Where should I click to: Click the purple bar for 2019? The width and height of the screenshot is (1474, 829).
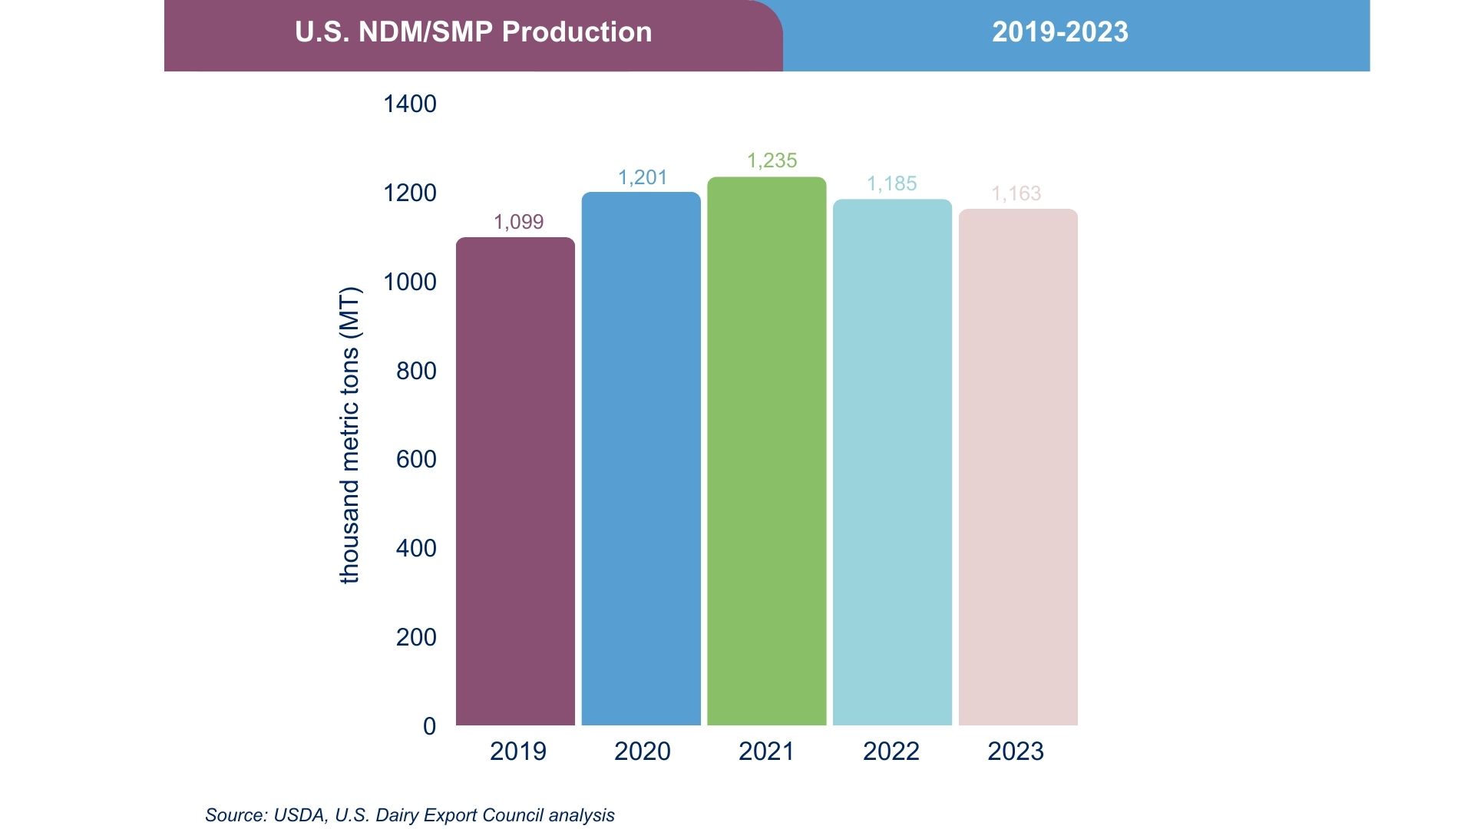point(515,481)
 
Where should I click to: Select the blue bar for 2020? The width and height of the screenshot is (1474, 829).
point(641,459)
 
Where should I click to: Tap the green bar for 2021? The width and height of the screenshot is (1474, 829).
point(766,451)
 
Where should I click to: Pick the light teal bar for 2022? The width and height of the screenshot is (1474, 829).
point(892,462)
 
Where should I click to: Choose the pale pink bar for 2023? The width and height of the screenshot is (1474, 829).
point(1018,467)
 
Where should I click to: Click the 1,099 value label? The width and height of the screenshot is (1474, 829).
point(518,222)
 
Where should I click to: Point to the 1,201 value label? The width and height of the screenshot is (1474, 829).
point(643,177)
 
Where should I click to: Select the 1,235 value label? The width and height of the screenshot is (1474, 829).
point(772,160)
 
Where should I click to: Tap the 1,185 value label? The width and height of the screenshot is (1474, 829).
point(891,183)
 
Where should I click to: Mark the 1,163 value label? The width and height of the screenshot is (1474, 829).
point(1016,193)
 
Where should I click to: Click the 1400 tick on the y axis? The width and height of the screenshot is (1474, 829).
point(409,104)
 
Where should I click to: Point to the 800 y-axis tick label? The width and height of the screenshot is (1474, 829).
point(415,371)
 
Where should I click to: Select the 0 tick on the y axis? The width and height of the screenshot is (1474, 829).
point(429,726)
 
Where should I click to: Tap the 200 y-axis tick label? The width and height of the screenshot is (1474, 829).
point(415,637)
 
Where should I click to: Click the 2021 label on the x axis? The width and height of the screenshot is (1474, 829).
point(766,751)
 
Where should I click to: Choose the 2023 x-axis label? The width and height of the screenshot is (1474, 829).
point(1015,751)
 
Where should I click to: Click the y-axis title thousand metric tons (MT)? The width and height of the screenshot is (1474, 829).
point(349,434)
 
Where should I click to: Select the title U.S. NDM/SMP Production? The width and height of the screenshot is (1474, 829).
point(473,32)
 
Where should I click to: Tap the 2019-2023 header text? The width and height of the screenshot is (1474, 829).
point(1059,32)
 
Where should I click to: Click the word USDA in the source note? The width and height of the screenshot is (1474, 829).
point(299,815)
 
